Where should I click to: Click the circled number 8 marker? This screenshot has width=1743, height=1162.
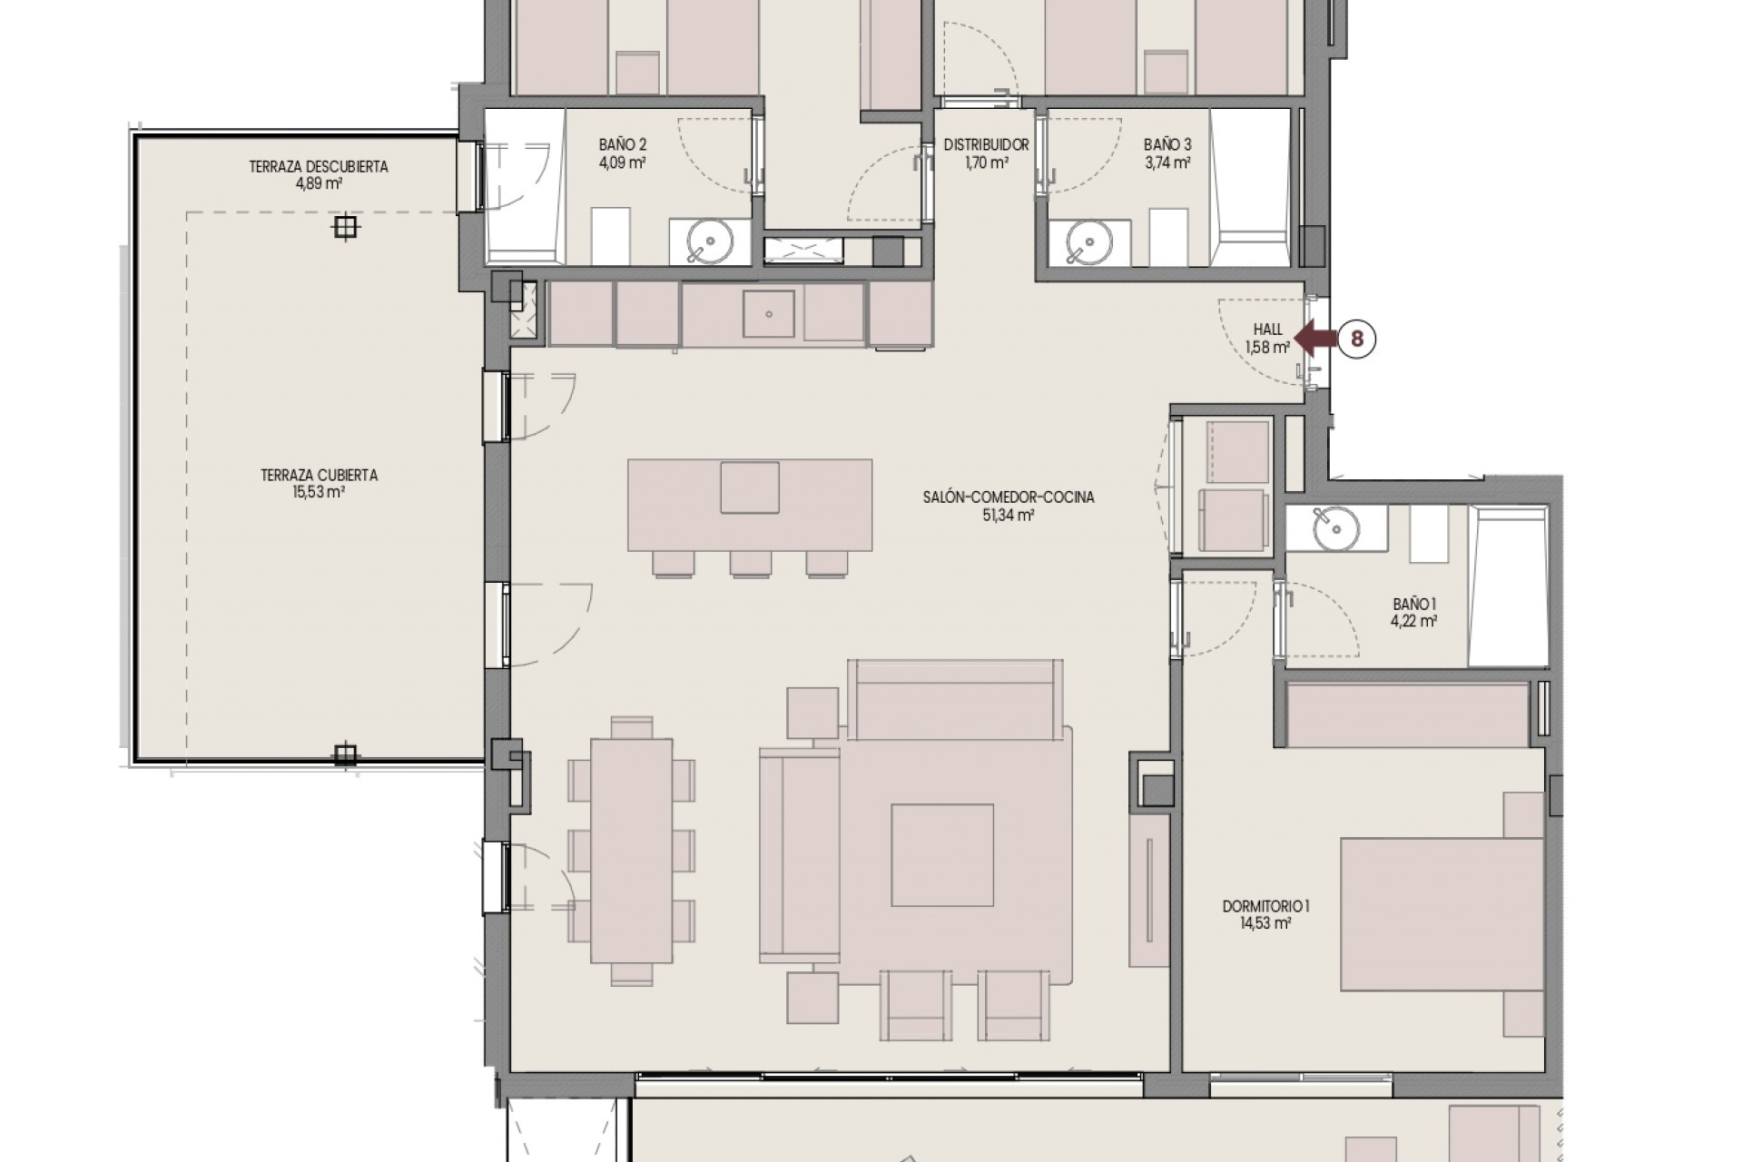(x=1357, y=339)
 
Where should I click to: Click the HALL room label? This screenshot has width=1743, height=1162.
(x=1267, y=330)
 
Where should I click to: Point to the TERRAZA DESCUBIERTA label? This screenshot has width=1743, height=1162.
(x=319, y=167)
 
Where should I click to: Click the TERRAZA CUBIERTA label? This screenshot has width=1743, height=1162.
(x=319, y=475)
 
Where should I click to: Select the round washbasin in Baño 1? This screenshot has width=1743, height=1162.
(x=1335, y=527)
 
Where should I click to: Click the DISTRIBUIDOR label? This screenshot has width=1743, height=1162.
(x=986, y=145)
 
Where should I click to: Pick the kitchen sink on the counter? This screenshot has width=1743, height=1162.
(x=769, y=314)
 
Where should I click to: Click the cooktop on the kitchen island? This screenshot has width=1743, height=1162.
(x=750, y=487)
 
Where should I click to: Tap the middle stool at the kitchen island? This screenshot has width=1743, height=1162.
(x=750, y=565)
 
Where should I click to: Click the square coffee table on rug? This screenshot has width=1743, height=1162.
(x=942, y=854)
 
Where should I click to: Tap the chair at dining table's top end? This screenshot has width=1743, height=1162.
(x=632, y=727)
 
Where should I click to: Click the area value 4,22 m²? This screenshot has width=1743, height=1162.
(x=1413, y=622)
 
